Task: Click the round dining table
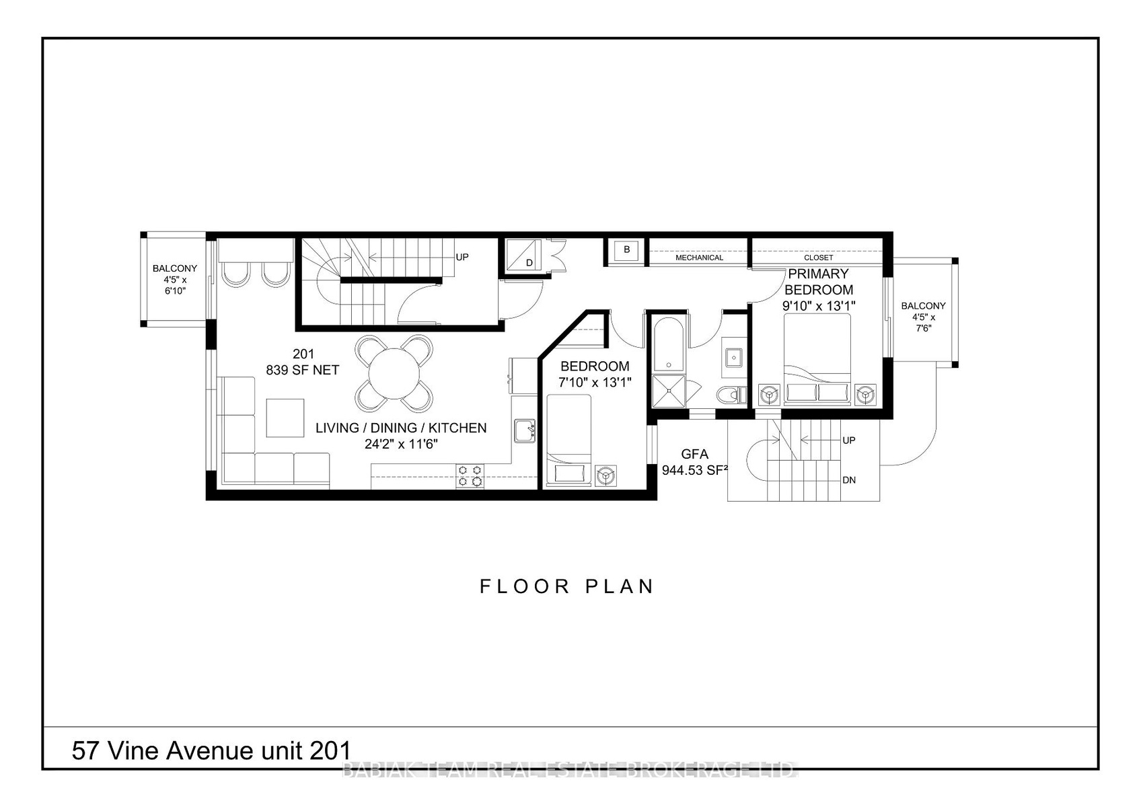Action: pyautogui.click(x=394, y=374)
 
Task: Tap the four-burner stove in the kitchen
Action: pyautogui.click(x=470, y=475)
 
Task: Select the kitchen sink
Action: pyautogui.click(x=524, y=431)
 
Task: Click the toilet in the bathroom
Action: pyautogui.click(x=731, y=395)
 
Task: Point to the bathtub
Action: pyautogui.click(x=668, y=345)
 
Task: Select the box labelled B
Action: pyautogui.click(x=626, y=250)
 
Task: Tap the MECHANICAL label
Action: pyautogui.click(x=699, y=258)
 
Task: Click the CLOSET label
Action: pyautogui.click(x=819, y=258)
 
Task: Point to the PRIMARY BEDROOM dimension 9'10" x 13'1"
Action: pyautogui.click(x=819, y=305)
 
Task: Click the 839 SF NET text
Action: pyautogui.click(x=303, y=370)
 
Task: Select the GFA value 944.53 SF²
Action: pyautogui.click(x=694, y=470)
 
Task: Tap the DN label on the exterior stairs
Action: pyautogui.click(x=849, y=480)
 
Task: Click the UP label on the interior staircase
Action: pyautogui.click(x=462, y=257)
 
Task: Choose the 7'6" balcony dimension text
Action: pyautogui.click(x=924, y=328)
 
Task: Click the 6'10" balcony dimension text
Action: pyautogui.click(x=175, y=291)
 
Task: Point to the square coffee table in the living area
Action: pyautogui.click(x=285, y=418)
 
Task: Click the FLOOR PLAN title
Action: pyautogui.click(x=566, y=586)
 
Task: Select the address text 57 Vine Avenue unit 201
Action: pyautogui.click(x=211, y=751)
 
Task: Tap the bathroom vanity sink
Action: pyautogui.click(x=733, y=358)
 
